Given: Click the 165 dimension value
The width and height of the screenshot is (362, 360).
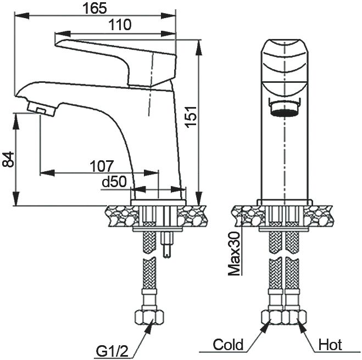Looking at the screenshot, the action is pos(95,8).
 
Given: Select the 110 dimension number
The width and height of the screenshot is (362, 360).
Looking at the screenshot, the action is pos(120,25).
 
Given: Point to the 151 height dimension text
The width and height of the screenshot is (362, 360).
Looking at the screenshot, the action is pos(191,117).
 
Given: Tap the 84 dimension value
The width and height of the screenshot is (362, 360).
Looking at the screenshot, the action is pos(8,159).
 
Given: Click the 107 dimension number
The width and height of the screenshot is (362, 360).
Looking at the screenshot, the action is pos(102,166).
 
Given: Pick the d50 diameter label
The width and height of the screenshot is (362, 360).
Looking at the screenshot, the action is pos(114,182).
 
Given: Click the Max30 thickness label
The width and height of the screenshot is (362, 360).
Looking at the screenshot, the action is pos(234,254).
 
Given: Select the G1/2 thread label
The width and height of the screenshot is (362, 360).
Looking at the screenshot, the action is pos(112,351).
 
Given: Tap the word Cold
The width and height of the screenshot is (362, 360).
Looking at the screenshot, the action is pos(228,345).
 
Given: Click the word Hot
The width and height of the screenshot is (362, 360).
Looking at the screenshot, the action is pos(330,345).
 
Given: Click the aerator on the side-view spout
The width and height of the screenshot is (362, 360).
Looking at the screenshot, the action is pos(42,109).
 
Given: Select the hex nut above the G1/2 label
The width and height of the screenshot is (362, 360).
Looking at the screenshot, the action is pos(149,317).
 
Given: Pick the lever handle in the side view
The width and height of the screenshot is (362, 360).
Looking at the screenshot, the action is pos(116,62).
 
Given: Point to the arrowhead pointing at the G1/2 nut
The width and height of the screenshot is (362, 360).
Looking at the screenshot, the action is pos(149,326).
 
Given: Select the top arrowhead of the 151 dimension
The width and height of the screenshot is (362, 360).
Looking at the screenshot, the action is pos(198,47).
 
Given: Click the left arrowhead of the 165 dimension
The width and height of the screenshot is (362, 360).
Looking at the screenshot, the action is pos(22,16).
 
